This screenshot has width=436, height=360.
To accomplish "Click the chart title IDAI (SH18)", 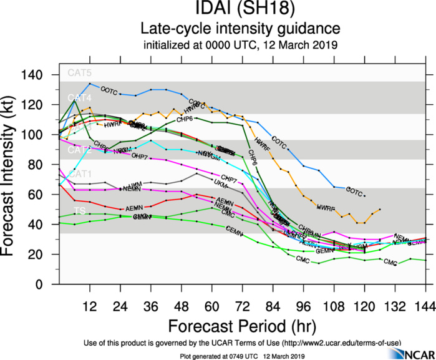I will tap(240, 10).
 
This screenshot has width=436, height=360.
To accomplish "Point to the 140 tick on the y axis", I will tap(41, 75).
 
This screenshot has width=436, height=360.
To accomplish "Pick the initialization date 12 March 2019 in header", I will tap(305, 45).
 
